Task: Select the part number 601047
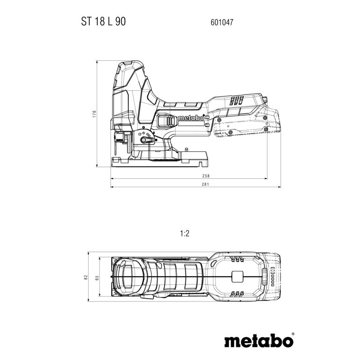click(x=221, y=21)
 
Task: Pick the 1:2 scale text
click(x=184, y=234)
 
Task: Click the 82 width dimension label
click(x=85, y=278)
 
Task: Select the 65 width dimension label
click(x=97, y=278)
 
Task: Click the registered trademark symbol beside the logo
click(x=292, y=334)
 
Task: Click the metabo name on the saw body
click(x=189, y=118)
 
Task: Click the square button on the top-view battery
click(x=238, y=277)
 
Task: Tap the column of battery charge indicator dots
click(x=272, y=277)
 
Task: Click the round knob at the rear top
click(x=266, y=99)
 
